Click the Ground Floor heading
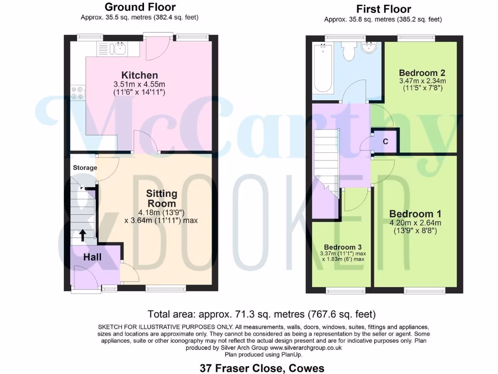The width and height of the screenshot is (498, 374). tap(140, 7)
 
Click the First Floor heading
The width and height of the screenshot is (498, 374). tap(383, 9)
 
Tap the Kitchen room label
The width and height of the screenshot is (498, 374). tap(140, 75)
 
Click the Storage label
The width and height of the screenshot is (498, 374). tap(85, 168)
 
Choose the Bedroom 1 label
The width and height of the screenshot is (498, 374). tap(415, 214)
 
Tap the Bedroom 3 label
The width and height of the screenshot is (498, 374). tap(343, 247)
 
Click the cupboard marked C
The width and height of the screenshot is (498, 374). tap(385, 142)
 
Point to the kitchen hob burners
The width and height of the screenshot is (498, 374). tap(77, 93)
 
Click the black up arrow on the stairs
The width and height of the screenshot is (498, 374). tap(83, 236)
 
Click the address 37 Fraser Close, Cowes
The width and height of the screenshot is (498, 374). tap(262, 368)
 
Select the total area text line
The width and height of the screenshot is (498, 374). tap(261, 314)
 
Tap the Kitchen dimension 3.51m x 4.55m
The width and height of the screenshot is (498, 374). tap(140, 84)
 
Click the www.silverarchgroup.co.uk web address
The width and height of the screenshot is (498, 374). tap(306, 348)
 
